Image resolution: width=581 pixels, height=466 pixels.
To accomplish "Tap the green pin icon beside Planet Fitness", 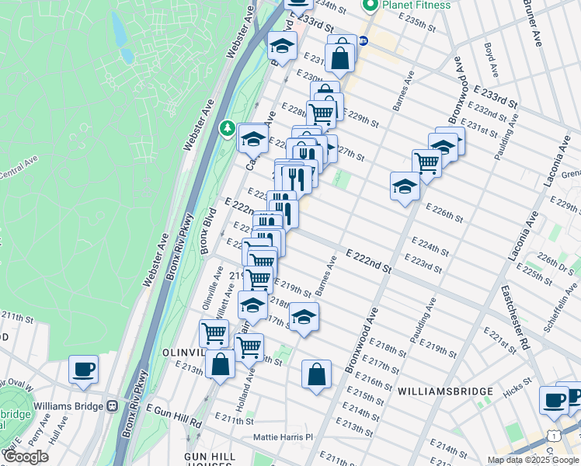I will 370,5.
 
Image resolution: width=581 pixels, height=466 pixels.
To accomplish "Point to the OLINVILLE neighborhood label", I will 183,351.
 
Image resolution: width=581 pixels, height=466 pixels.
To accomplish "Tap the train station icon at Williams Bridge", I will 112,405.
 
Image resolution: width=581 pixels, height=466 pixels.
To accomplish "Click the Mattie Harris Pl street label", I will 282,437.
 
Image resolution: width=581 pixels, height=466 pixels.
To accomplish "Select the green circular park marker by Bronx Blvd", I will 228,127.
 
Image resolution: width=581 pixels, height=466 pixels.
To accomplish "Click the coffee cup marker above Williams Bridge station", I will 83,369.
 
